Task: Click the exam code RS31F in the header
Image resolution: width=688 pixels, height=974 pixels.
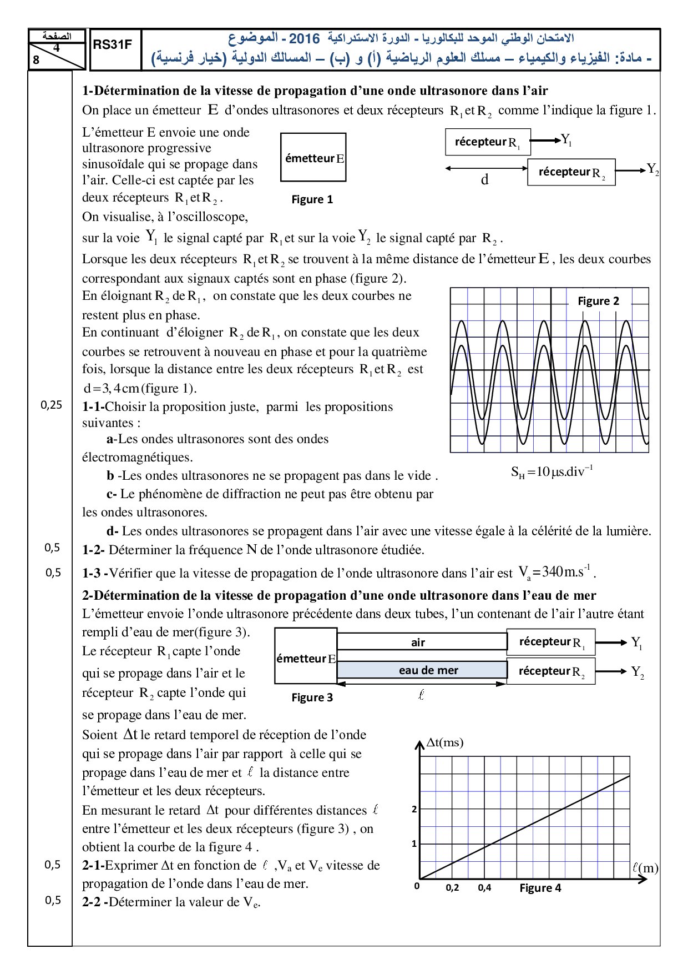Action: coord(112,45)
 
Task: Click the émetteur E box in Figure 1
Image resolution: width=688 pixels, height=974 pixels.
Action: coord(313,158)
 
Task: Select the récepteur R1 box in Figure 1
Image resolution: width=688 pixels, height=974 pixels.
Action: coord(488,142)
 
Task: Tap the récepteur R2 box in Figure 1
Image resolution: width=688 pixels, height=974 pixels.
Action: coord(571,172)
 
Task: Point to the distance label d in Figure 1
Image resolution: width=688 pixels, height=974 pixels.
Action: coord(485,179)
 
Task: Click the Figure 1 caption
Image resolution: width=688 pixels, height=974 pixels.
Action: coord(312,200)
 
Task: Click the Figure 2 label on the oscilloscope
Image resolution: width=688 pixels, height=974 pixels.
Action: coord(598,301)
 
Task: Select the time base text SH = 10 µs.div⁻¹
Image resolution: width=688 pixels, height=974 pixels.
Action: coord(552,472)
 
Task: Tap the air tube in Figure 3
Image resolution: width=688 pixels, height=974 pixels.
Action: coord(422,642)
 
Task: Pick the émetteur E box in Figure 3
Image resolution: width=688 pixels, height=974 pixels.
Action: coord(306,659)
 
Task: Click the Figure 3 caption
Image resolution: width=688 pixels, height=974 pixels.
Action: coord(312,697)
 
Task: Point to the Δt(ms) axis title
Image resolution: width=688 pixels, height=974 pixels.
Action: coord(444,742)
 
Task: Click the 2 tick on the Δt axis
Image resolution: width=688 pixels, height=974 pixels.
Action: coord(414,810)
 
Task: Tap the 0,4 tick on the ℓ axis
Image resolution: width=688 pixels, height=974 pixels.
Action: coord(484,887)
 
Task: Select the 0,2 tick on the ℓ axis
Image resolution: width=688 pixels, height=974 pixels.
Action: coord(452,887)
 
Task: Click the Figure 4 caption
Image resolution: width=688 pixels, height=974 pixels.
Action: coord(540,888)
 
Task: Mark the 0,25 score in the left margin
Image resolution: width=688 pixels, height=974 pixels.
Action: coord(52,405)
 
